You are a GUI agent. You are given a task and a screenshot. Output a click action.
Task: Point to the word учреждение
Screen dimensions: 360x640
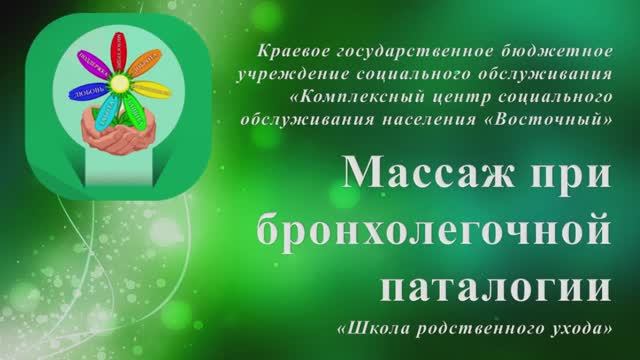284,73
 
